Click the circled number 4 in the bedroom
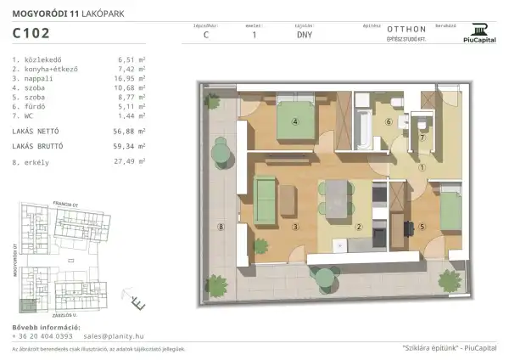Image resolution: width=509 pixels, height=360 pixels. click(295, 121)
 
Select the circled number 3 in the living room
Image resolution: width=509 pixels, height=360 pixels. click(295, 227)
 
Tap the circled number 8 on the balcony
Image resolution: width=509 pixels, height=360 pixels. click(220, 227)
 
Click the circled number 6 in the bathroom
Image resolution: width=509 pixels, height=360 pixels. click(389, 122)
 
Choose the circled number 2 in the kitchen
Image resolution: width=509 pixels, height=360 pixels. click(359, 227)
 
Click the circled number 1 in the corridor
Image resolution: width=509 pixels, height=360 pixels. click(422, 166)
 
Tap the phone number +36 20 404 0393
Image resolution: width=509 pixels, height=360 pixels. click(42, 336)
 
